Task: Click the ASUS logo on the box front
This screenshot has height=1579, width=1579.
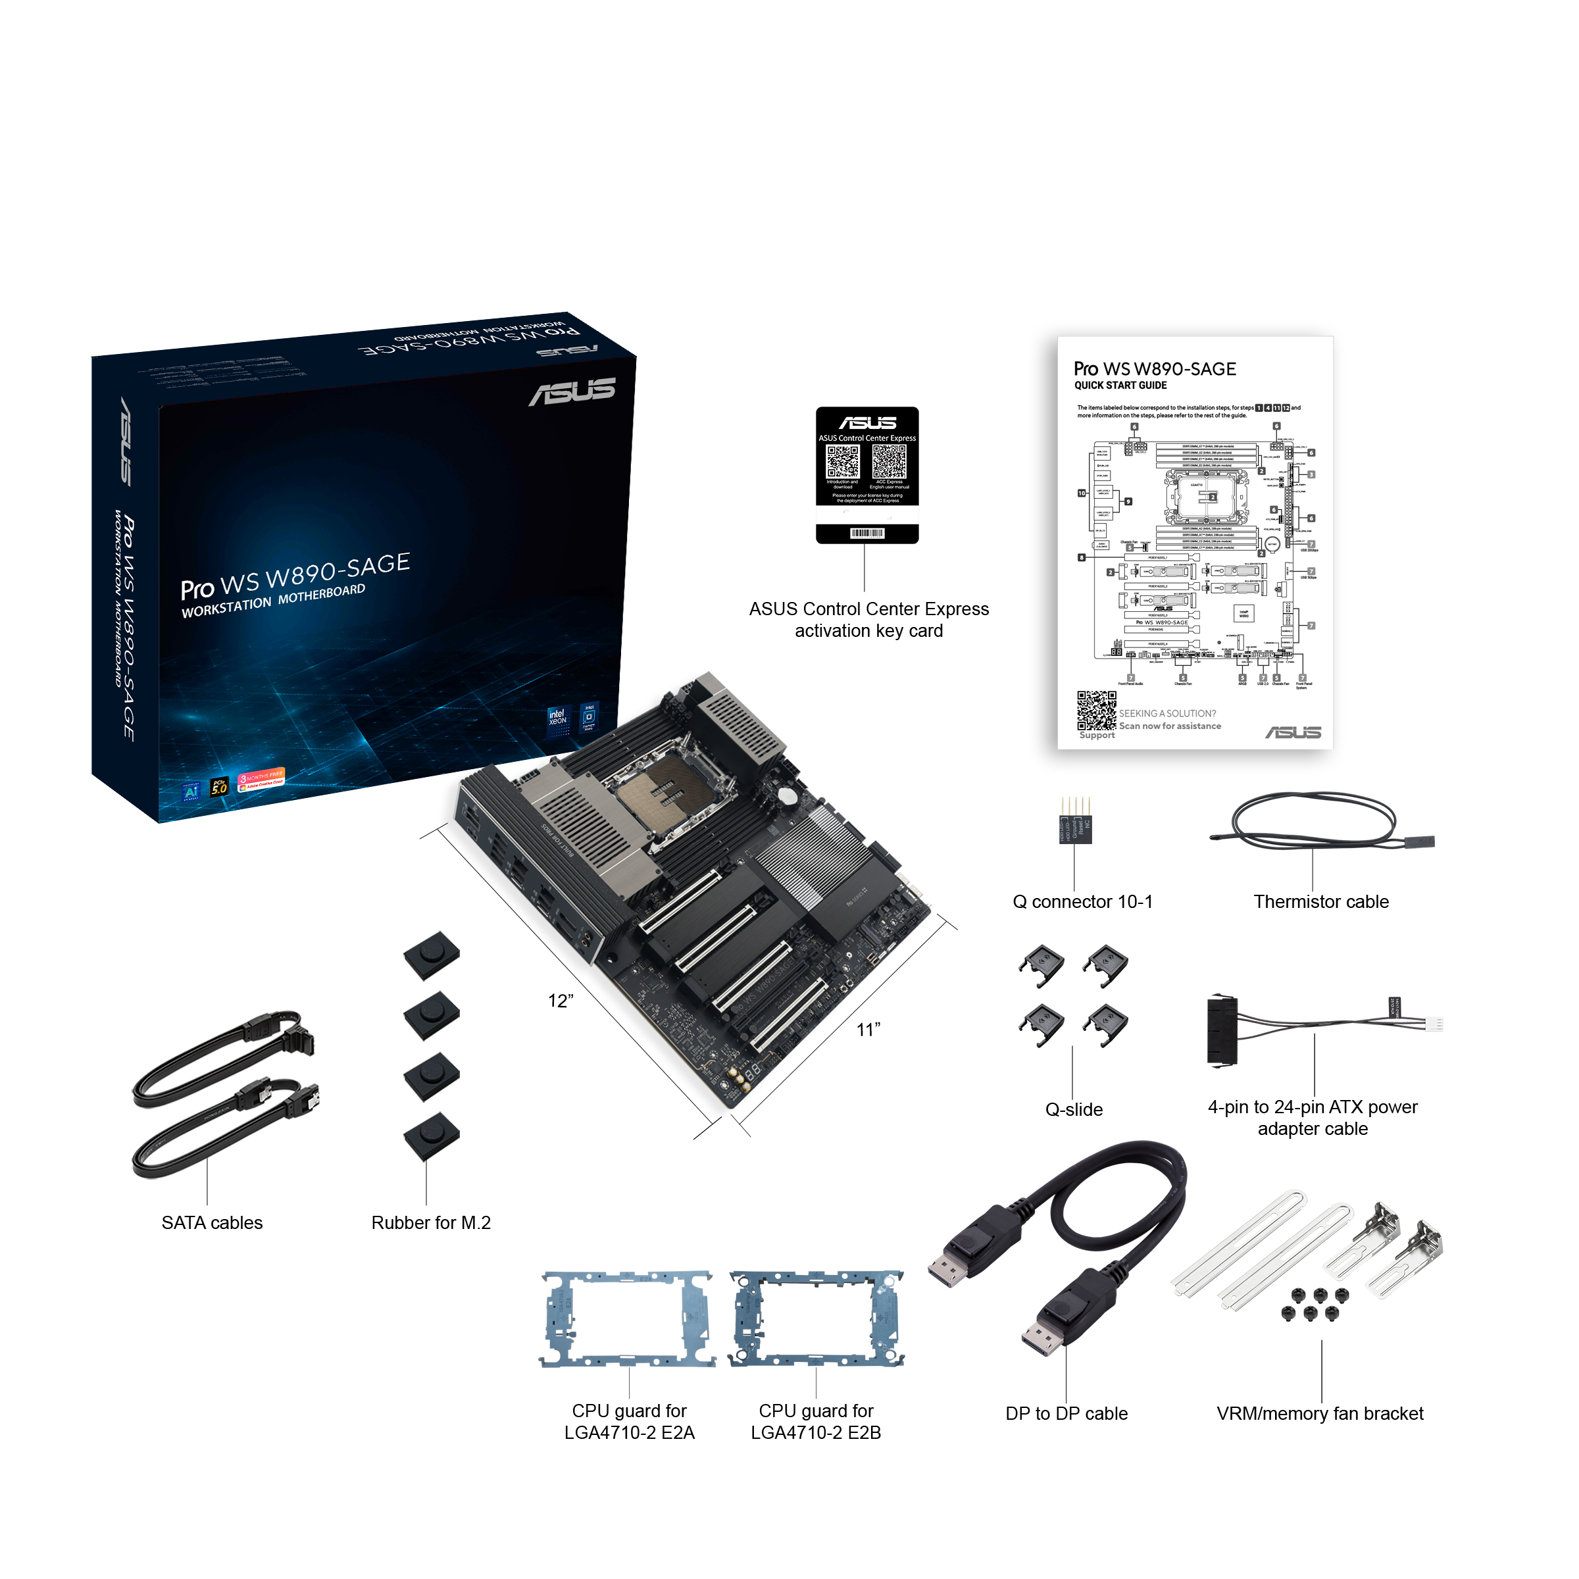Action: pyautogui.click(x=572, y=391)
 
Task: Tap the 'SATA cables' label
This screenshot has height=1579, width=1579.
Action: pyautogui.click(x=212, y=1222)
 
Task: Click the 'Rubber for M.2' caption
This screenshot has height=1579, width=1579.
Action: pyautogui.click(x=431, y=1222)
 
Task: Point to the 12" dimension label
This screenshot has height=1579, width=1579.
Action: pyautogui.click(x=561, y=1001)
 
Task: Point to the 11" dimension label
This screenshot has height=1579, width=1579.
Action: pyautogui.click(x=868, y=1030)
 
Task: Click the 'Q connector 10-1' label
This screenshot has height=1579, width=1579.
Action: pyautogui.click(x=1082, y=901)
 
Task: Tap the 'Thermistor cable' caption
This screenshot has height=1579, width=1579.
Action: pyautogui.click(x=1320, y=901)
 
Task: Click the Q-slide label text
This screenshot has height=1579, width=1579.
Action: pyautogui.click(x=1074, y=1109)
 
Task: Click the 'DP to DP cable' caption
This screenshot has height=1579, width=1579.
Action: pyautogui.click(x=1066, y=1413)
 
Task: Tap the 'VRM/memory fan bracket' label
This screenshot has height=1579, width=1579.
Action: pyautogui.click(x=1319, y=1413)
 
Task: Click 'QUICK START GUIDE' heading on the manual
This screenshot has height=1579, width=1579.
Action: pyautogui.click(x=1120, y=386)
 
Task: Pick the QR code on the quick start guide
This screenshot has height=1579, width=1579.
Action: pyautogui.click(x=1096, y=711)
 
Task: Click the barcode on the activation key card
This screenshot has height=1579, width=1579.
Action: pyautogui.click(x=866, y=534)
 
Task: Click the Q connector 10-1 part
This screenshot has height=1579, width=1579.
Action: pyautogui.click(x=1075, y=826)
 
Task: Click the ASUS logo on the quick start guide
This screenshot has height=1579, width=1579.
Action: pyautogui.click(x=1293, y=732)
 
